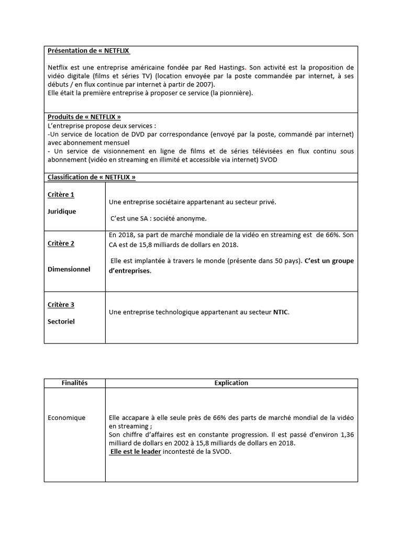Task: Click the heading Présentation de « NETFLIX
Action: tap(88, 51)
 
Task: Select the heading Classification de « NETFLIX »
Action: tap(91, 177)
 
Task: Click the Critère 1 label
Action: tap(61, 195)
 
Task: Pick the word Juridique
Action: tap(62, 211)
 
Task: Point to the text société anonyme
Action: tap(177, 218)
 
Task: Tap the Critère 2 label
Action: tap(61, 243)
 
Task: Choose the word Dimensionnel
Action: tap(69, 269)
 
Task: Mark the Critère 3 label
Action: tap(61, 305)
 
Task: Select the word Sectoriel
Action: tap(61, 321)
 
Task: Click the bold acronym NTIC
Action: tap(280, 312)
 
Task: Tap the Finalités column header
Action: tap(74, 383)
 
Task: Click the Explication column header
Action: tap(231, 383)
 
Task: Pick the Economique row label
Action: tap(66, 418)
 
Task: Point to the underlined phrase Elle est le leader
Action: tap(135, 452)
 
